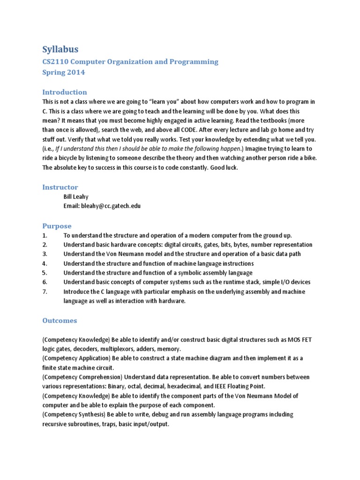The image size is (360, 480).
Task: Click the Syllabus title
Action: tap(60, 49)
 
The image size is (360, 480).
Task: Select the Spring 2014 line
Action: tap(64, 73)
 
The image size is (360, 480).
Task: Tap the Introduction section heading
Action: tap(65, 92)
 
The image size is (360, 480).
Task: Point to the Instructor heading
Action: tap(60, 187)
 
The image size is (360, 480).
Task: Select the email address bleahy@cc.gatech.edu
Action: tap(111, 206)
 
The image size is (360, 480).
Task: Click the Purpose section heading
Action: tap(57, 225)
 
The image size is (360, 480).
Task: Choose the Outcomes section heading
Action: tap(60, 321)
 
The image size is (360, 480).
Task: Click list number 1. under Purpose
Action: tap(45, 235)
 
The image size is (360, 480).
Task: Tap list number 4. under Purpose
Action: tap(45, 263)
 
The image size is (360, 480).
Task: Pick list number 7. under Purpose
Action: tap(45, 292)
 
